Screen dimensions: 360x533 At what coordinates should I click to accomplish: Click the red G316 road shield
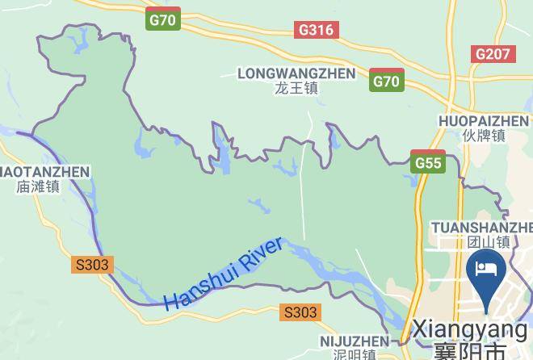[x=317, y=30]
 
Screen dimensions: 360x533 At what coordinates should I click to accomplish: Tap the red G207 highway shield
[x=493, y=54]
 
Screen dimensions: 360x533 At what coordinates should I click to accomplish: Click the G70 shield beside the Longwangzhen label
[x=387, y=81]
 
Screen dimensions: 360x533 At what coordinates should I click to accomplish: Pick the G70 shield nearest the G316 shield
[x=163, y=20]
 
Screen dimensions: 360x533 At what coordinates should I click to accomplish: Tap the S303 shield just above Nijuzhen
[x=300, y=312]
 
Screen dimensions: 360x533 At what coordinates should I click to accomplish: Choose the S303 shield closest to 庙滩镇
[x=91, y=264]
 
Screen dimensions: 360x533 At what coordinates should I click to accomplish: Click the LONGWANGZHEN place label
[x=296, y=73]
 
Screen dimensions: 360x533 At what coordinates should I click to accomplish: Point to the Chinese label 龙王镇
[x=296, y=89]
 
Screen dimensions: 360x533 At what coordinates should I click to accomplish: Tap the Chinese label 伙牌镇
[x=484, y=136]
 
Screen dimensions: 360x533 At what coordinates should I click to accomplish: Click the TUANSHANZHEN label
[x=482, y=227]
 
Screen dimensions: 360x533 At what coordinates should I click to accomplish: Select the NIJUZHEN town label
[x=354, y=341]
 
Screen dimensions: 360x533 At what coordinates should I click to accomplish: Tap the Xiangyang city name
[x=469, y=329]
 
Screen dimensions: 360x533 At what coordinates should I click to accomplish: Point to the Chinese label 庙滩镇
[x=37, y=186]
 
